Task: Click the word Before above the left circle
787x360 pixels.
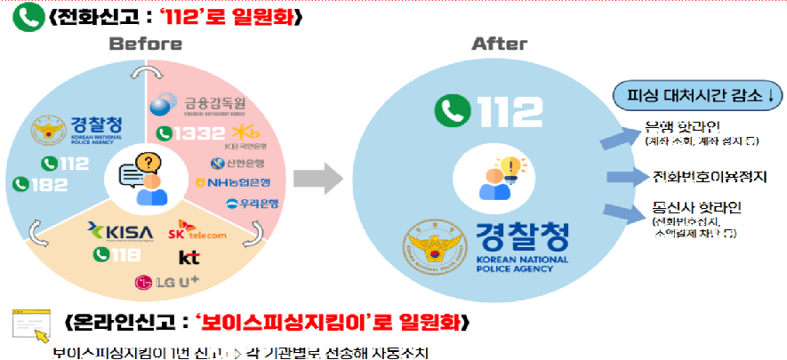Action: tap(143, 44)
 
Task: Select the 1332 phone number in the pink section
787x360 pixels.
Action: tap(185, 133)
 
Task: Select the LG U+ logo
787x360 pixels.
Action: tap(165, 282)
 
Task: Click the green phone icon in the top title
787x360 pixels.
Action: tap(24, 17)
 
